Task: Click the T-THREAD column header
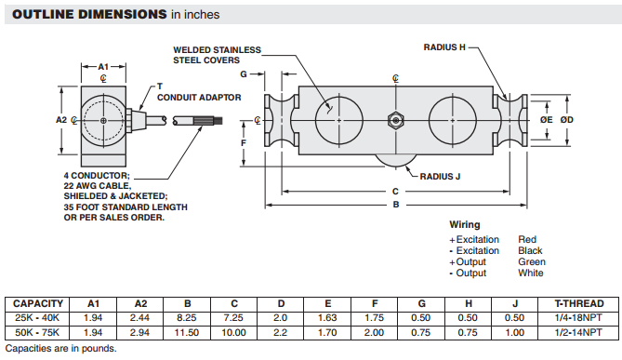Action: [x=578, y=303]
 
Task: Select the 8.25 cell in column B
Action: [x=187, y=318]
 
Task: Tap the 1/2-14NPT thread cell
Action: [x=578, y=333]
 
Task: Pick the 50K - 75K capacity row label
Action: [x=37, y=333]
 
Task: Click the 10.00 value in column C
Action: [x=233, y=333]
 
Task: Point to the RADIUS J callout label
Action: [x=440, y=177]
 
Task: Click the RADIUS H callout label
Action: [x=444, y=47]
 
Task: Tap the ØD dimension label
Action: [x=567, y=120]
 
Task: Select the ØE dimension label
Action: [x=546, y=120]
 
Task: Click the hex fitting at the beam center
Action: [x=395, y=120]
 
